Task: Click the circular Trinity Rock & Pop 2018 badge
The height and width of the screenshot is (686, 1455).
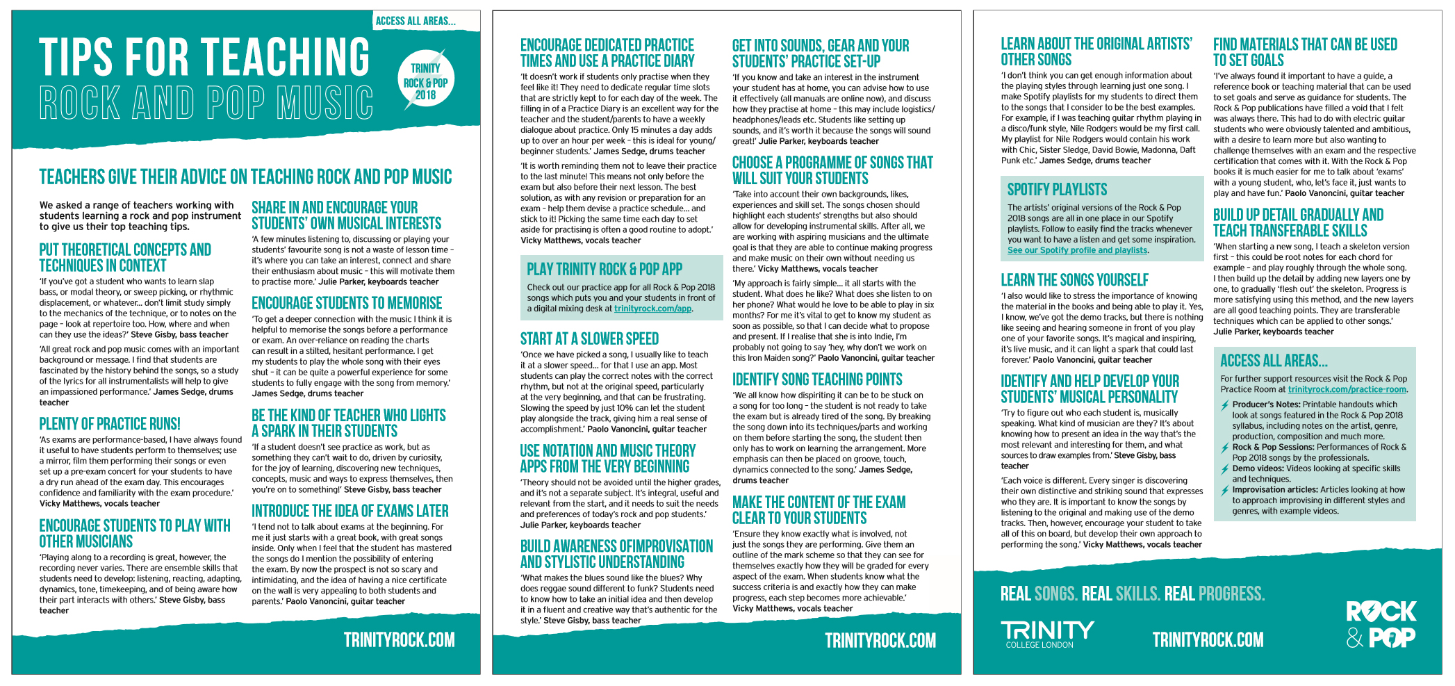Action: (425, 80)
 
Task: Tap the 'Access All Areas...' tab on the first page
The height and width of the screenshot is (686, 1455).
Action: (416, 21)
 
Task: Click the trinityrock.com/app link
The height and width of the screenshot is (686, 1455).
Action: (652, 309)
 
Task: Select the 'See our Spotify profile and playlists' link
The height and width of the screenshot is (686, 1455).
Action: (1077, 250)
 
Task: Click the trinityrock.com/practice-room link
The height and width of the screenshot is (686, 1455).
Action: (1347, 389)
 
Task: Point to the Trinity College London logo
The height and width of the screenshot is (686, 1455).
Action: (1046, 635)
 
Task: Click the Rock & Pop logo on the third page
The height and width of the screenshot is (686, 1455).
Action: (1380, 624)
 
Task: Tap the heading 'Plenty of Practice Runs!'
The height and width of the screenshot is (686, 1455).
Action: (110, 424)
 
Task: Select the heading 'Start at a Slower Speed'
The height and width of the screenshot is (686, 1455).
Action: (589, 338)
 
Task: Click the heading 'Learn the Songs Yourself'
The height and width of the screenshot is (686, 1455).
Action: (1074, 280)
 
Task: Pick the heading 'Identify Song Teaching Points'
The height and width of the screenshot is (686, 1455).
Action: (817, 379)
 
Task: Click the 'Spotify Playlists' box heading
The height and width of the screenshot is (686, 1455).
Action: (1057, 190)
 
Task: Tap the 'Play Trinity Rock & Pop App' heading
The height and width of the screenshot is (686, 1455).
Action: (604, 269)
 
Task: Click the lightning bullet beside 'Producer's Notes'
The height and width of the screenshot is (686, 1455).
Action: (1224, 405)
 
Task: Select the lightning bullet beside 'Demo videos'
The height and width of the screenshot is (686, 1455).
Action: (1224, 469)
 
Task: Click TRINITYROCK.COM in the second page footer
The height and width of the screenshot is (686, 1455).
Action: (880, 640)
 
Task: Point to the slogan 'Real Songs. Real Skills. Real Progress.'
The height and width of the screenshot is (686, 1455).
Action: (1132, 594)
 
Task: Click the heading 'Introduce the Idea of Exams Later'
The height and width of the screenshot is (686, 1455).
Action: (350, 511)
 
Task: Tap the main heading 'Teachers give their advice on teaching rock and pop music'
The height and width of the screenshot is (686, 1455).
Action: (245, 177)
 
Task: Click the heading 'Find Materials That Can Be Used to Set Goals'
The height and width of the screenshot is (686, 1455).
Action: (1304, 52)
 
